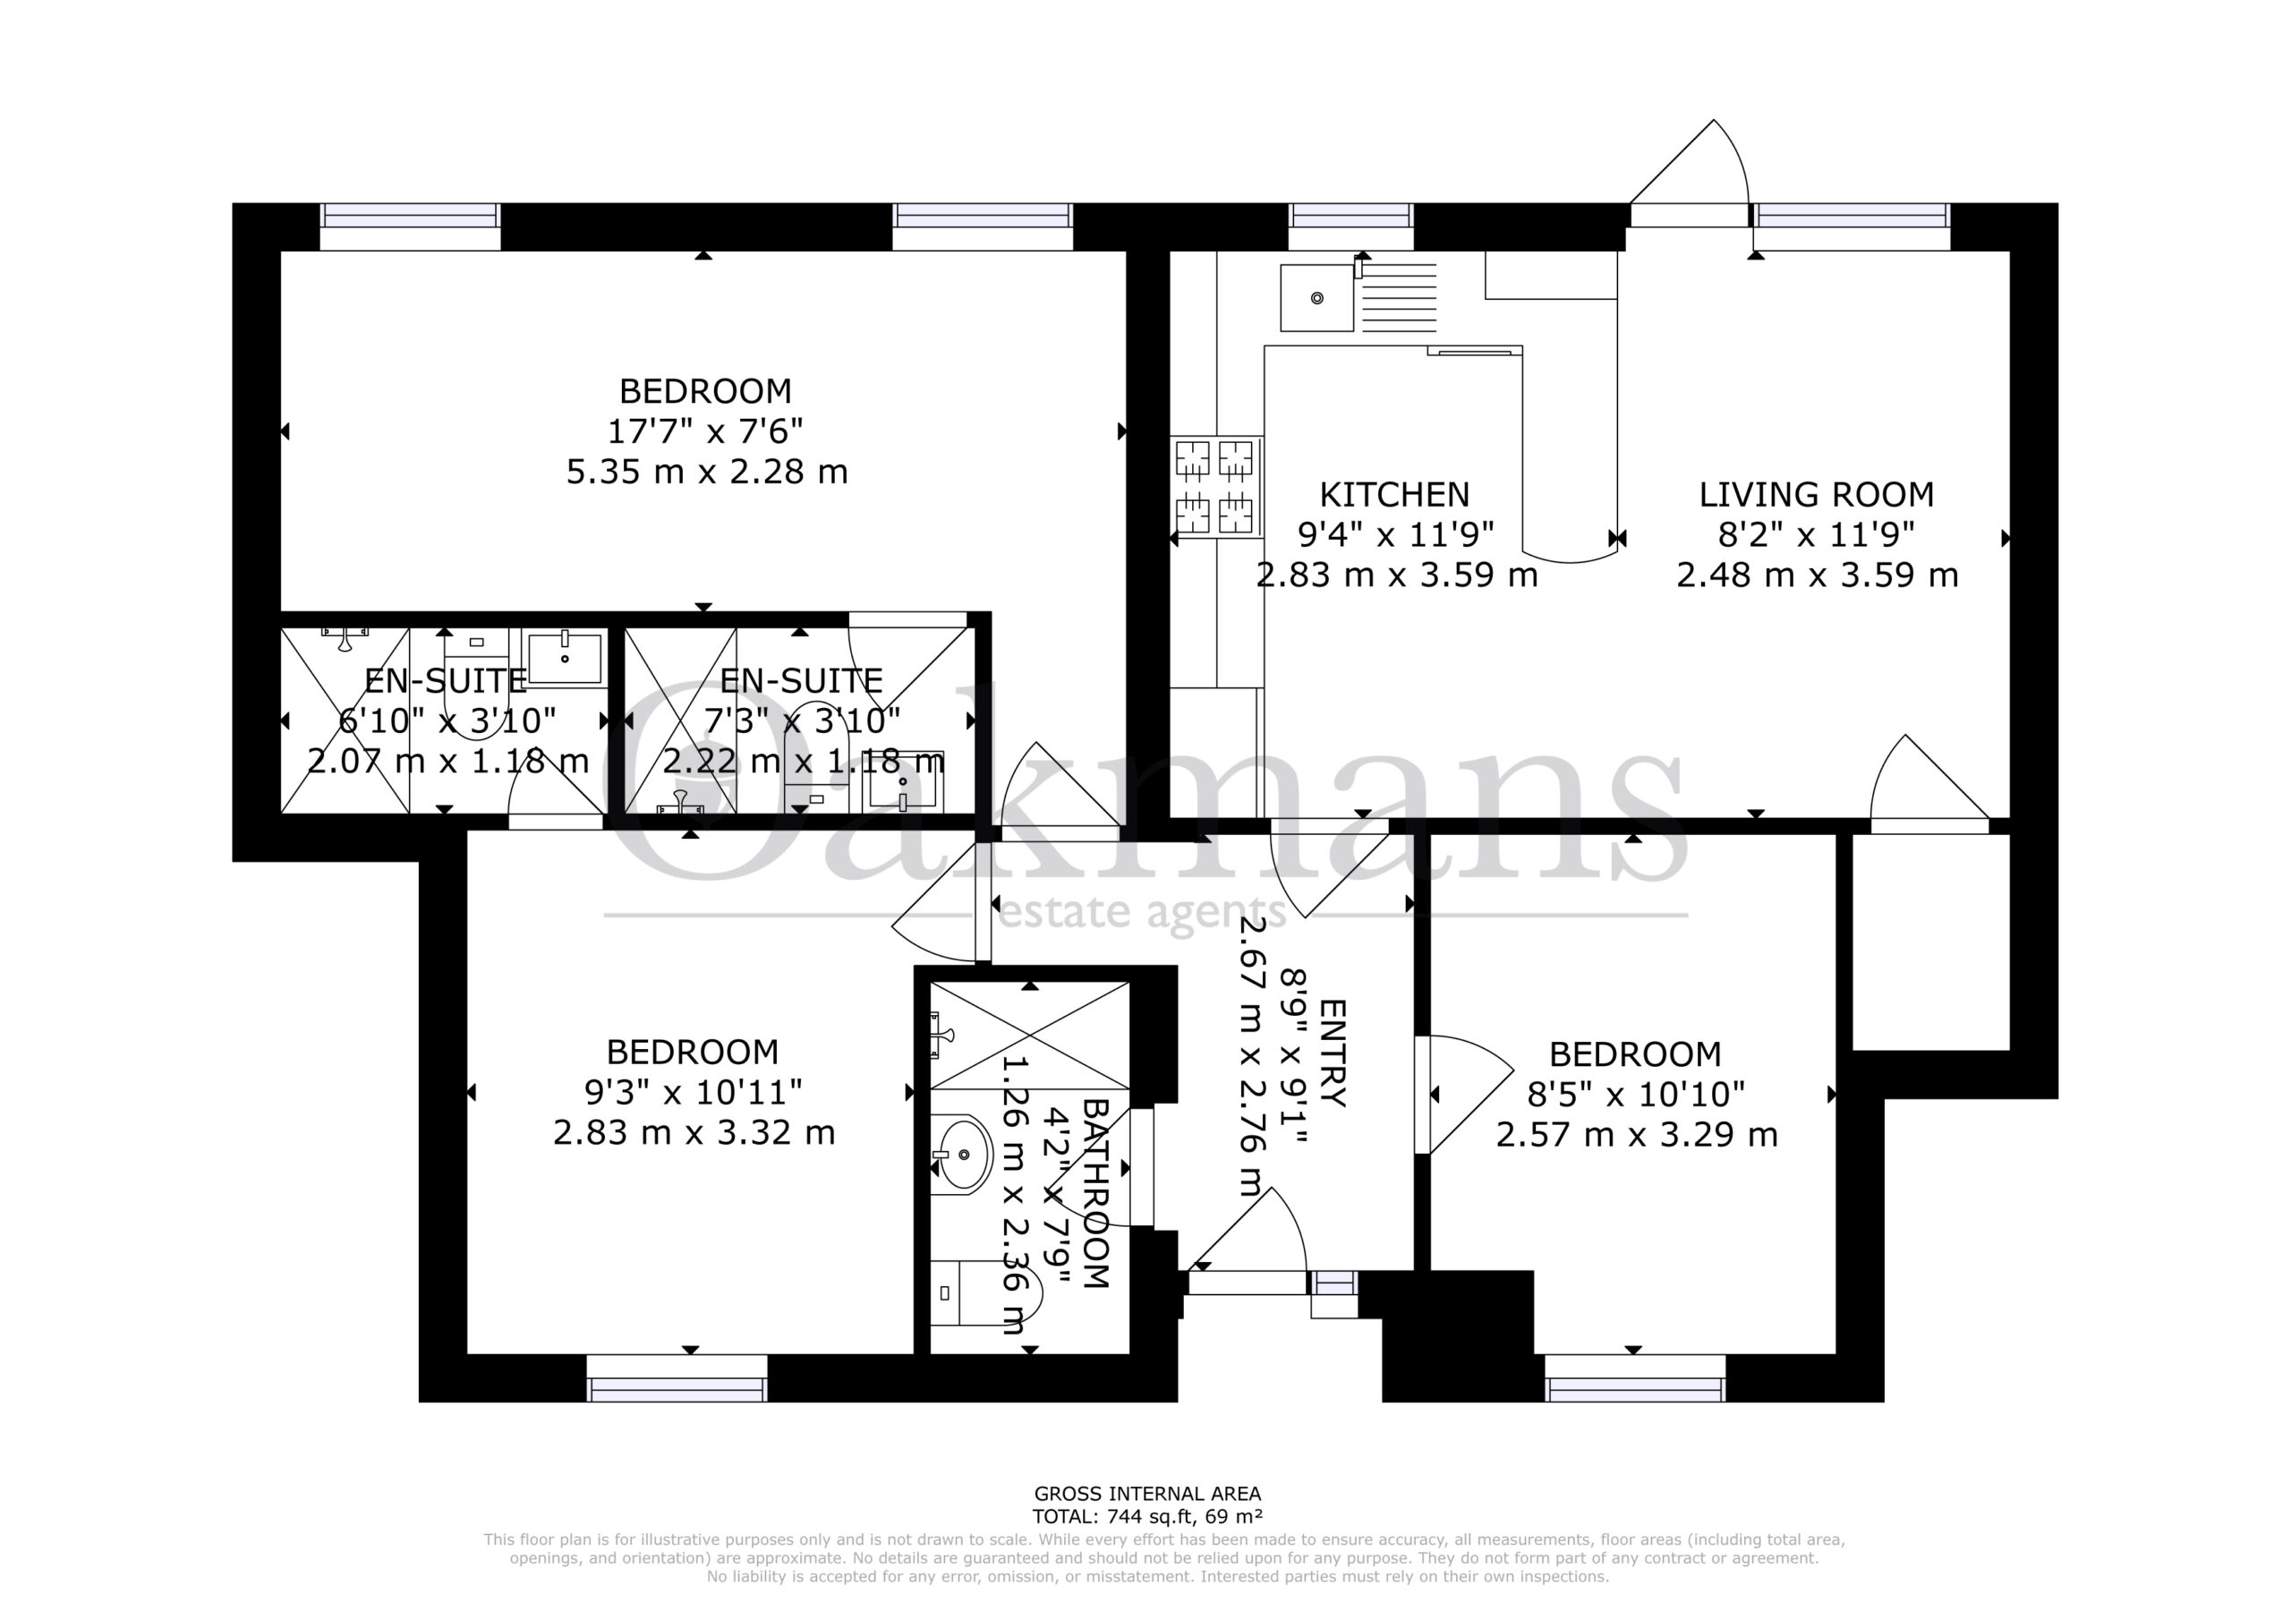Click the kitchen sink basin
point(1317,297)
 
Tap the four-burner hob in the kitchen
point(1215,488)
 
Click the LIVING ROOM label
point(1816,494)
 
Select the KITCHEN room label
point(1394,494)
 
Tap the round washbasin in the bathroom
point(960,1155)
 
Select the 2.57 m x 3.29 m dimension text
point(1637,1135)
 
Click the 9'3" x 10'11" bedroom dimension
point(693,1092)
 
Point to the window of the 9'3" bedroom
point(677,1378)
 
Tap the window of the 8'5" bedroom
point(1634,1378)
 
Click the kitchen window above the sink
point(1351,226)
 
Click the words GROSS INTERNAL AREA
point(1147,1494)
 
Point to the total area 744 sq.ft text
point(1147,1516)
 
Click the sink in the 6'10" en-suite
point(566,658)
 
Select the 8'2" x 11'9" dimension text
point(1816,535)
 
